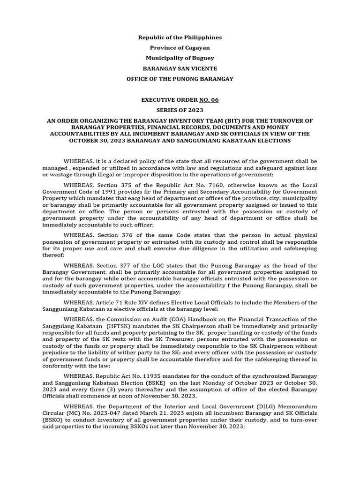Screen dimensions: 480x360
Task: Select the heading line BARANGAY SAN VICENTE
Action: [180, 68]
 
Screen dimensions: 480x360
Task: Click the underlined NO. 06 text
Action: [209, 100]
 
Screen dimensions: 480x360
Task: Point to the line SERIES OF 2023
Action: [180, 110]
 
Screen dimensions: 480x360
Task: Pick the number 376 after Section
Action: [127, 235]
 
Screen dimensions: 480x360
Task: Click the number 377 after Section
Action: [127, 265]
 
